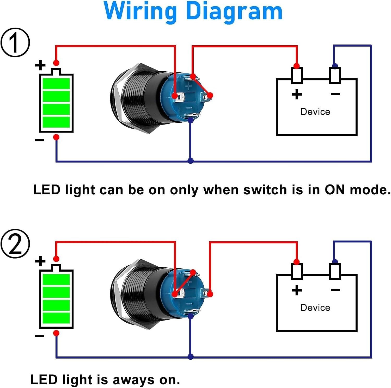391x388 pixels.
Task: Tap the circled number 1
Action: tap(15, 42)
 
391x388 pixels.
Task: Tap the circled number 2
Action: tap(15, 244)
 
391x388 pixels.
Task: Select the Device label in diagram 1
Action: tap(315, 112)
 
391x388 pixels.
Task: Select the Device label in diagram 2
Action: tap(315, 308)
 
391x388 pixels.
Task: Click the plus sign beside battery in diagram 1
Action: tap(40, 65)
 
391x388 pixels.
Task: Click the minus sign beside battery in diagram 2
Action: tap(39, 336)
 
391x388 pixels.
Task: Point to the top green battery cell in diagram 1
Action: tap(56, 83)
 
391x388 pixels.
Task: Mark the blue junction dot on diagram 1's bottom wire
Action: tap(191, 161)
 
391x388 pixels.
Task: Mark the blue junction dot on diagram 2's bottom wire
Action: tap(191, 356)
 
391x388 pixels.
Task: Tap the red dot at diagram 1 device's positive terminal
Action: tap(297, 66)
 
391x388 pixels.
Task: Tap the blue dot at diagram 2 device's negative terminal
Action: tap(335, 262)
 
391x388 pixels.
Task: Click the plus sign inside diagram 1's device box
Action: tap(297, 94)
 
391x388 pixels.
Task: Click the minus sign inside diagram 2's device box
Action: tap(335, 290)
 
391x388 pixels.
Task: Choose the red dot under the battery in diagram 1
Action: tap(56, 137)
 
